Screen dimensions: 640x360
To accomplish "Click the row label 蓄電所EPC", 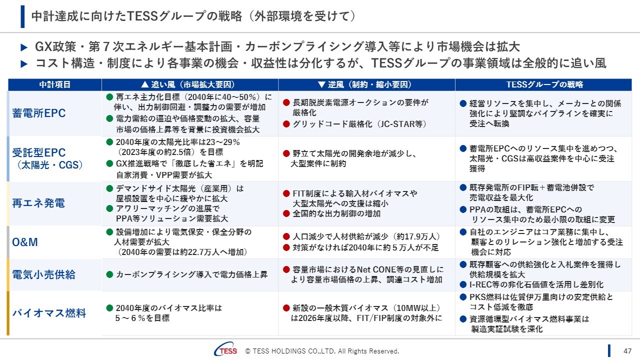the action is click(39, 113).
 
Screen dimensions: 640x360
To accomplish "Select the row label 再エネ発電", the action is click(38, 203).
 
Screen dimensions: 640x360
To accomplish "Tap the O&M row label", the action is click(25, 242).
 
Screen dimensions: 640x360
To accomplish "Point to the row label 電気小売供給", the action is click(43, 274).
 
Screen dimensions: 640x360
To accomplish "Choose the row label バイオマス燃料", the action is click(49, 313).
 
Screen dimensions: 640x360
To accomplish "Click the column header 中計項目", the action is click(55, 84).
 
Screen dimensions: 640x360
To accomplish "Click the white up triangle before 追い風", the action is click(145, 84).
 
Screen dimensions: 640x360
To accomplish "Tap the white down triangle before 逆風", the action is click(321, 84).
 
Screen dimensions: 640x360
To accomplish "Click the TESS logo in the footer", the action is click(226, 349).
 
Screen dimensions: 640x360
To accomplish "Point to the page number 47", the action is click(627, 351).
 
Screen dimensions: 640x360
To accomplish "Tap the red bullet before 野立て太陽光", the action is click(286, 153).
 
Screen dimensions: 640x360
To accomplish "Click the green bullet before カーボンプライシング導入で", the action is click(109, 274).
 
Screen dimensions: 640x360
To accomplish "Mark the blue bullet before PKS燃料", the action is click(463, 297).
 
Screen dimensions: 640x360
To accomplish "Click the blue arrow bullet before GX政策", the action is click(24, 47).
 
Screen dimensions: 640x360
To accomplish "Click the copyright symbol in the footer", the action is click(248, 351).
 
